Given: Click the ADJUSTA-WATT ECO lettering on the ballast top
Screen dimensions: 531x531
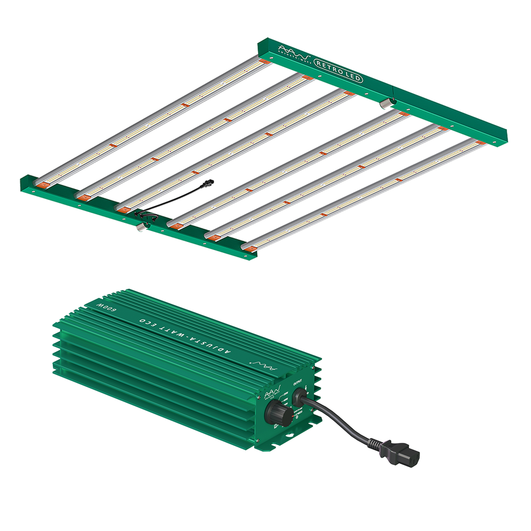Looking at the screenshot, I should pos(181,331).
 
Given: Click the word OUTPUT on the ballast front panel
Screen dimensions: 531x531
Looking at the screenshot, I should pos(298,381).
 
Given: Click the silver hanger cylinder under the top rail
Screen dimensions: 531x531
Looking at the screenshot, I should pos(386,103).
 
